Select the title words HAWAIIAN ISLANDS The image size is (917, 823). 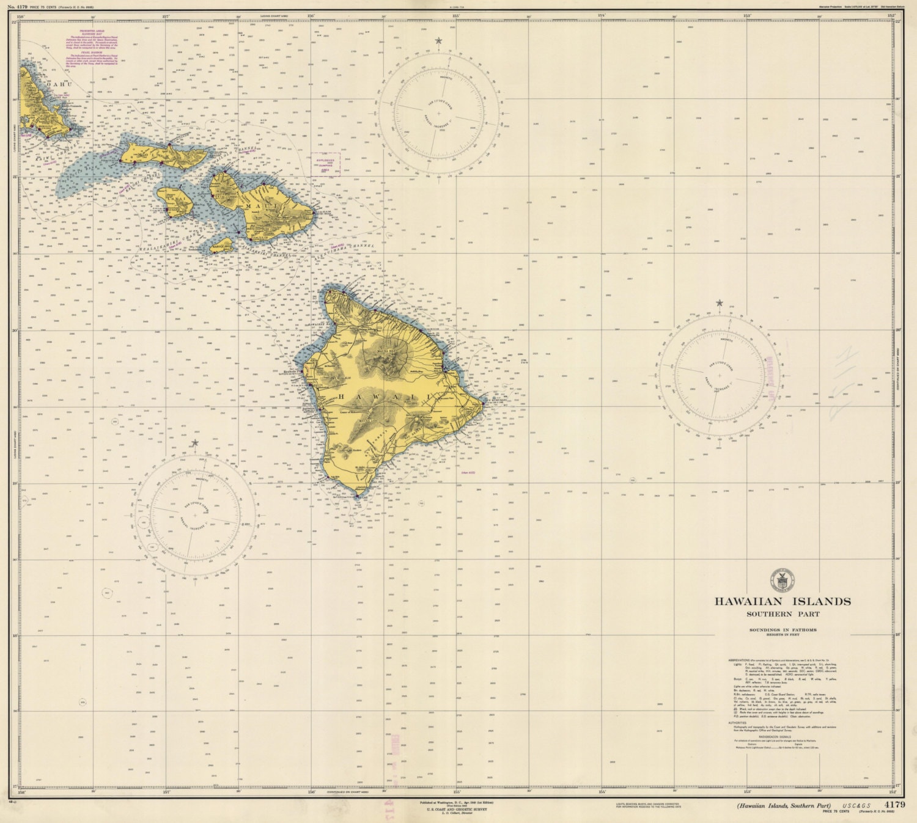point(783,602)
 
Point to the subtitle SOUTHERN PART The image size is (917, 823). point(783,614)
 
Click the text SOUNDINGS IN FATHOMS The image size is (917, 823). point(783,629)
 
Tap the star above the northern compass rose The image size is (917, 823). point(438,41)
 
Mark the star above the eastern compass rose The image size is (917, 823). point(720,303)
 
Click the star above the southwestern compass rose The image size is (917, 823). point(195,443)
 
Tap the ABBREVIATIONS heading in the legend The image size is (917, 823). point(740,660)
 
